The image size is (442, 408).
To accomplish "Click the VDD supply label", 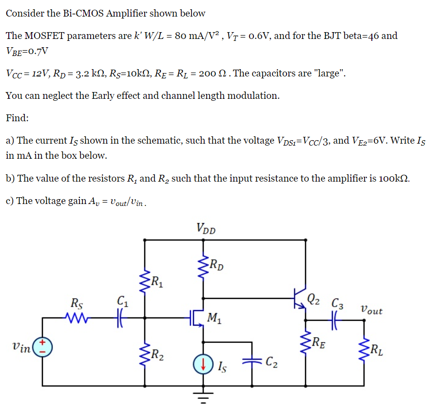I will pos(207,228).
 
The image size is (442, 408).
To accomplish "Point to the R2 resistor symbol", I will pos(145,352).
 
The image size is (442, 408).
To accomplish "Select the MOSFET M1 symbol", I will pos(197,319).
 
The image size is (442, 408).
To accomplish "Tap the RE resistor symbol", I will pos(306,343).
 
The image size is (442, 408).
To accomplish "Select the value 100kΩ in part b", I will pos(390,178).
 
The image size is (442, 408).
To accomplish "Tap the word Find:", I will pos(18,118).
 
